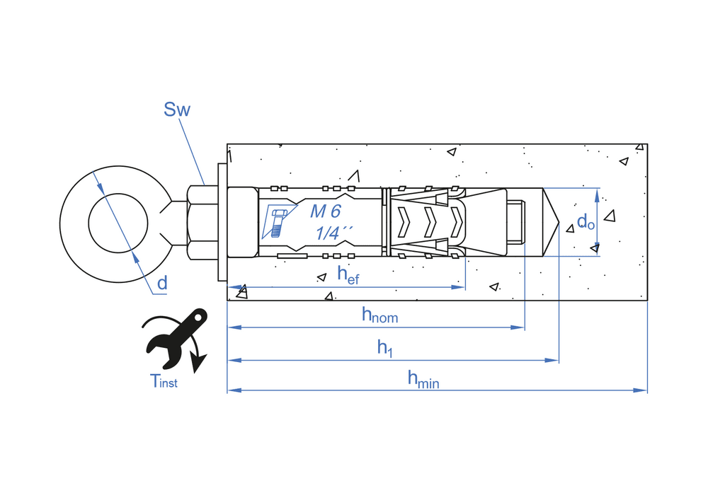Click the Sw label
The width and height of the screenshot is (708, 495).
(177, 110)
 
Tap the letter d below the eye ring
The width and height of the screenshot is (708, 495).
(162, 284)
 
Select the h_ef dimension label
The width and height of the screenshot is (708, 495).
(348, 274)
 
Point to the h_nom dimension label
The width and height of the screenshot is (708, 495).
(379, 315)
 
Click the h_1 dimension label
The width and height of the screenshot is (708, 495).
(384, 347)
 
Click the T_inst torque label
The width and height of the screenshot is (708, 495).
(164, 381)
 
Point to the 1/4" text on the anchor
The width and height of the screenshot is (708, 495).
(333, 231)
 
